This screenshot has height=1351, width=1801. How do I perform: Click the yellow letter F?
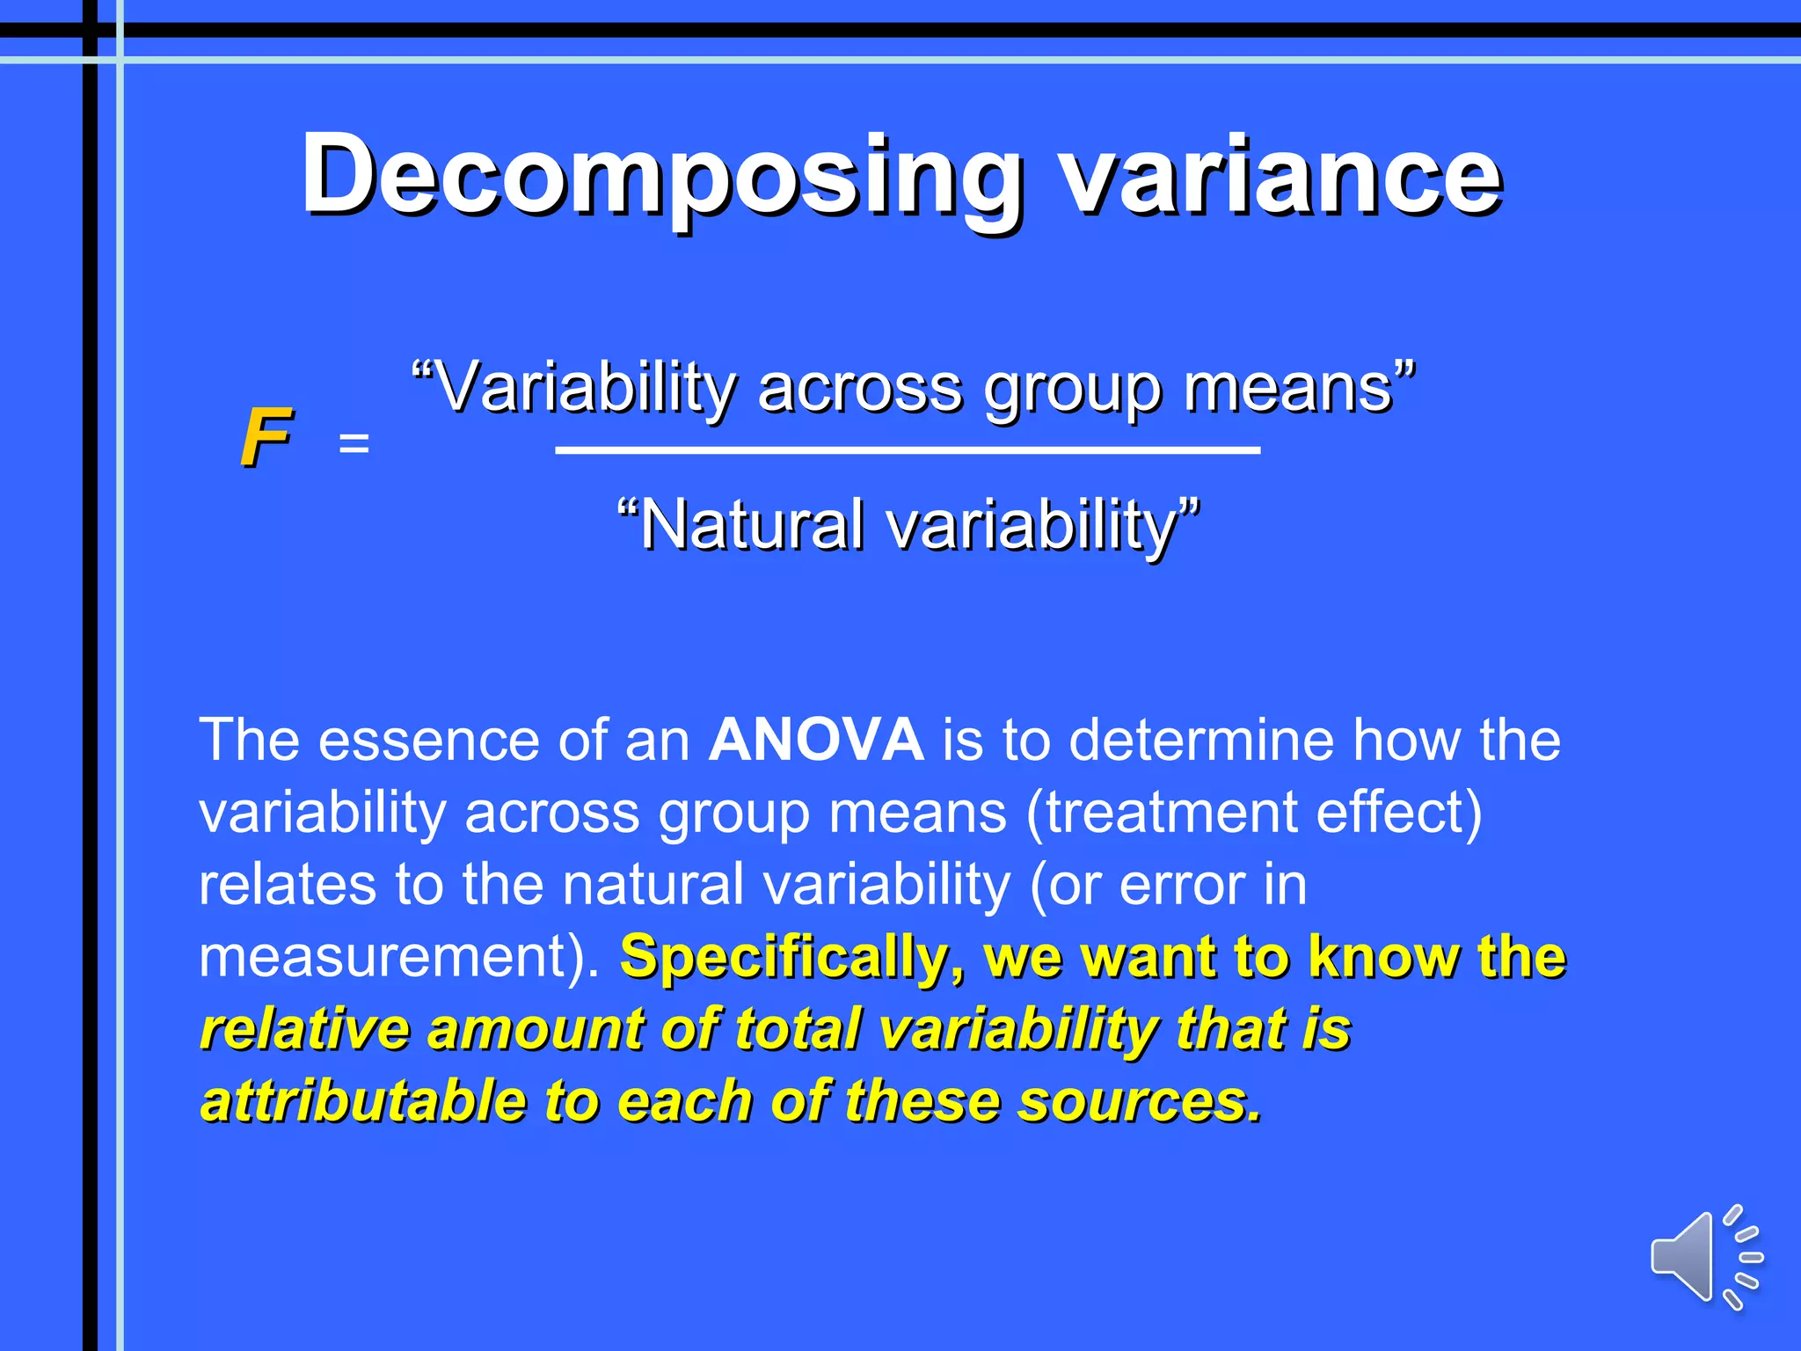(x=265, y=437)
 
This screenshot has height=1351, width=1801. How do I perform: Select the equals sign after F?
(x=354, y=442)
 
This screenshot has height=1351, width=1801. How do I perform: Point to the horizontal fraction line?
(x=908, y=450)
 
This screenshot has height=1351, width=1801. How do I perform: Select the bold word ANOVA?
(x=816, y=740)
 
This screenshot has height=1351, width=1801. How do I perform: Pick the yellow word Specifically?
(x=791, y=956)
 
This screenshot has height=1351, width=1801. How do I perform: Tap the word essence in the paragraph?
(x=427, y=740)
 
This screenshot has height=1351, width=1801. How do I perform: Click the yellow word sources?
(x=1140, y=1100)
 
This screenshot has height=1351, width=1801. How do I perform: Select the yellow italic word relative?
(x=305, y=1028)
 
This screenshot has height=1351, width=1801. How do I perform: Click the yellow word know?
(x=1384, y=956)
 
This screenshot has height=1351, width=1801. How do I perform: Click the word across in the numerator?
(x=859, y=389)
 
